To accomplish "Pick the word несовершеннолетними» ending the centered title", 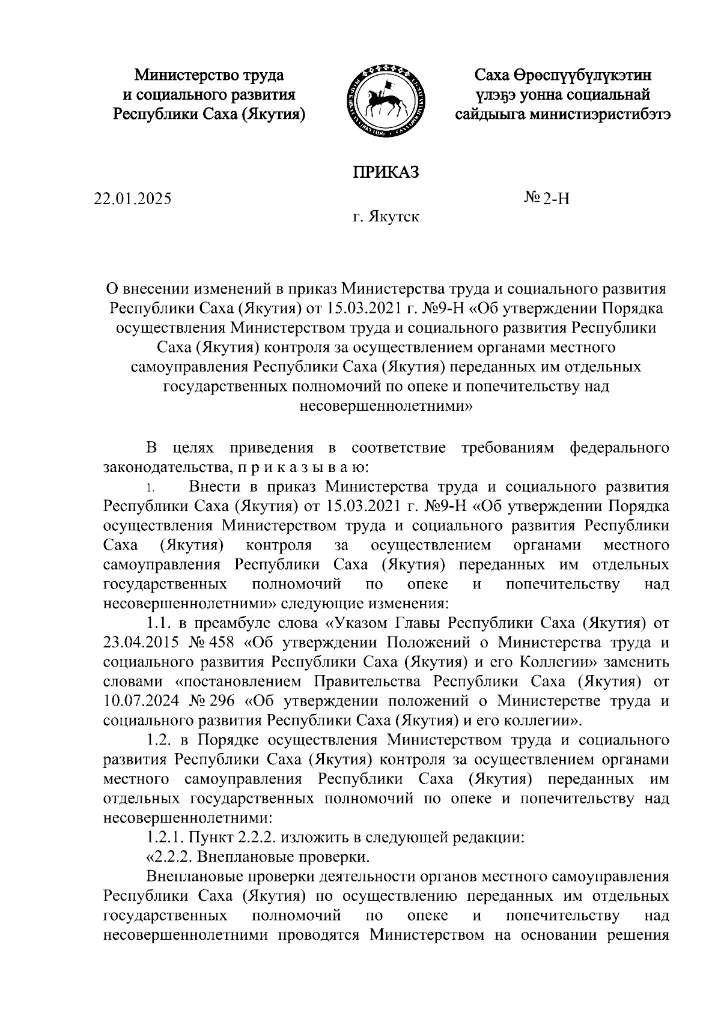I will point(385,406).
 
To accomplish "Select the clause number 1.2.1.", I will point(165,836).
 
